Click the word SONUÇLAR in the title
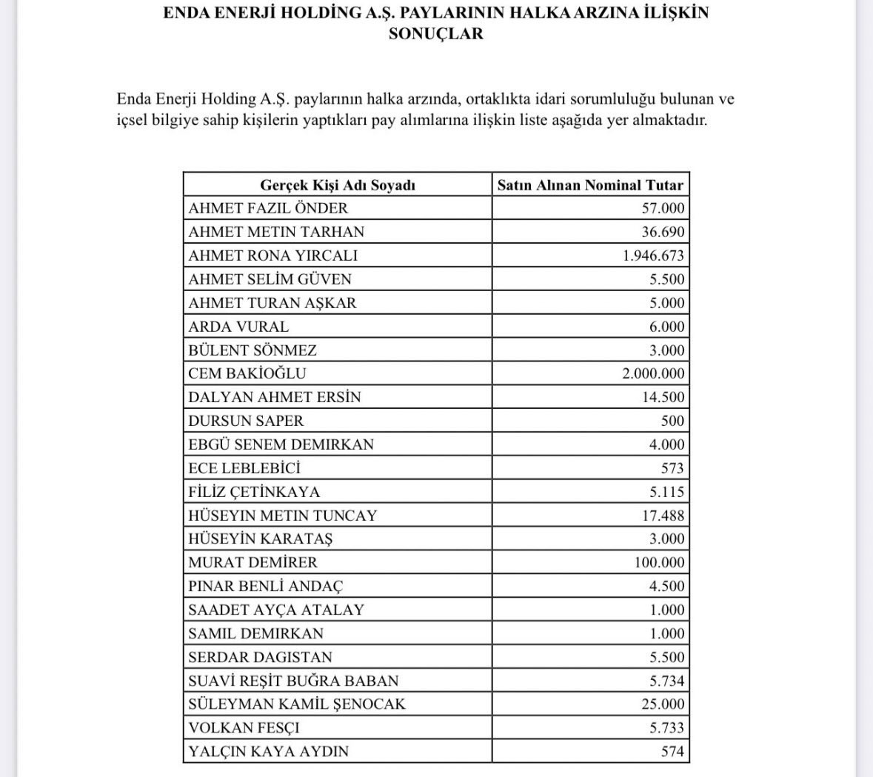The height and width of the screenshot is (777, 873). pyautogui.click(x=435, y=33)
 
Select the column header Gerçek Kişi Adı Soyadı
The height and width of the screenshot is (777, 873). pyautogui.click(x=338, y=185)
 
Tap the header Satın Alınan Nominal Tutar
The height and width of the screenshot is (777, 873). pyautogui.click(x=590, y=185)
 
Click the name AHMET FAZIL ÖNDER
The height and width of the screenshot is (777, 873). pyautogui.click(x=268, y=208)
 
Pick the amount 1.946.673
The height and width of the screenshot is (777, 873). pyautogui.click(x=654, y=256)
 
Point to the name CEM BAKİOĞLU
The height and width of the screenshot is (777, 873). pyautogui.click(x=247, y=373)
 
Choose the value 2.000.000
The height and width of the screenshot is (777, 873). pyautogui.click(x=654, y=373)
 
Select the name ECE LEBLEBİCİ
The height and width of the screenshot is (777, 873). pyautogui.click(x=244, y=468)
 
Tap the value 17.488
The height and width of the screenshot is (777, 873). pyautogui.click(x=663, y=516)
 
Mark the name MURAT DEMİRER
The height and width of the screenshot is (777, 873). pyautogui.click(x=252, y=562)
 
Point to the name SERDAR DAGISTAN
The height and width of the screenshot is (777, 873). pyautogui.click(x=260, y=657)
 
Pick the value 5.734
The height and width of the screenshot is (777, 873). pyautogui.click(x=667, y=681)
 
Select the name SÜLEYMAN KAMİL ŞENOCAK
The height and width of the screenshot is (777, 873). pyautogui.click(x=297, y=704)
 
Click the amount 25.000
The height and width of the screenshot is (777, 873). pyautogui.click(x=663, y=704)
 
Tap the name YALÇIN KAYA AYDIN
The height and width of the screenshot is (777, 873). pyautogui.click(x=268, y=751)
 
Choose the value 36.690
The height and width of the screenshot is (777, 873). pyautogui.click(x=663, y=232)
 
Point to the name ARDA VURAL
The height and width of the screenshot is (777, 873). pyautogui.click(x=238, y=327)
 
